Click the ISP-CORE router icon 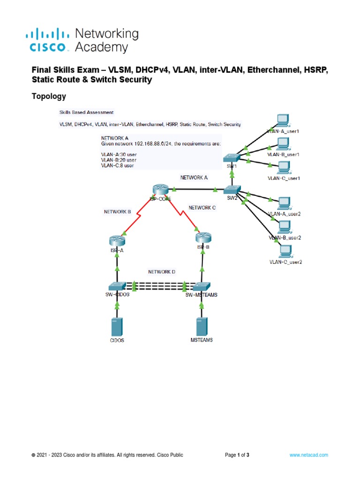160,189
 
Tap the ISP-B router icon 202,238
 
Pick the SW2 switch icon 232,190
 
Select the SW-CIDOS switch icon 117,285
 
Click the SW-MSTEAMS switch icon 202,285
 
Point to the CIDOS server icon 117,326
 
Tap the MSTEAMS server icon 202,326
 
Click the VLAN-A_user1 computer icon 283,121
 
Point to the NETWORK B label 117,212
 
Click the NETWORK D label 162,272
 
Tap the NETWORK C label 202,208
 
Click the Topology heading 48,97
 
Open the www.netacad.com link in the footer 308,455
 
